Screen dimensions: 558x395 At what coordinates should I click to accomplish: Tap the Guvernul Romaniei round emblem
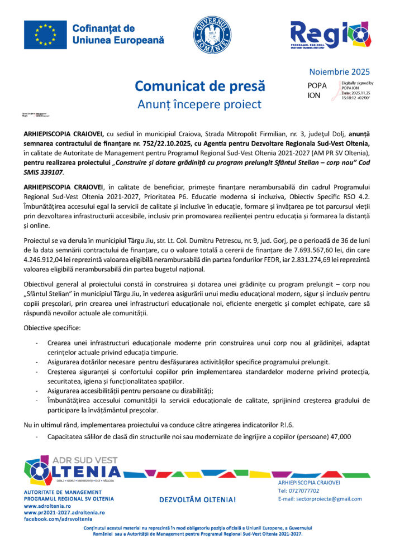(x=212, y=35)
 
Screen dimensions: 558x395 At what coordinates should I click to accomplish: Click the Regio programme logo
(x=329, y=35)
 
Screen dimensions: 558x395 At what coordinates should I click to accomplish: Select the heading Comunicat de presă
(x=199, y=86)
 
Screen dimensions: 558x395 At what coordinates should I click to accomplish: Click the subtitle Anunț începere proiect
(x=199, y=104)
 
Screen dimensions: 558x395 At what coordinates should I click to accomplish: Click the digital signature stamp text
(x=357, y=90)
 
